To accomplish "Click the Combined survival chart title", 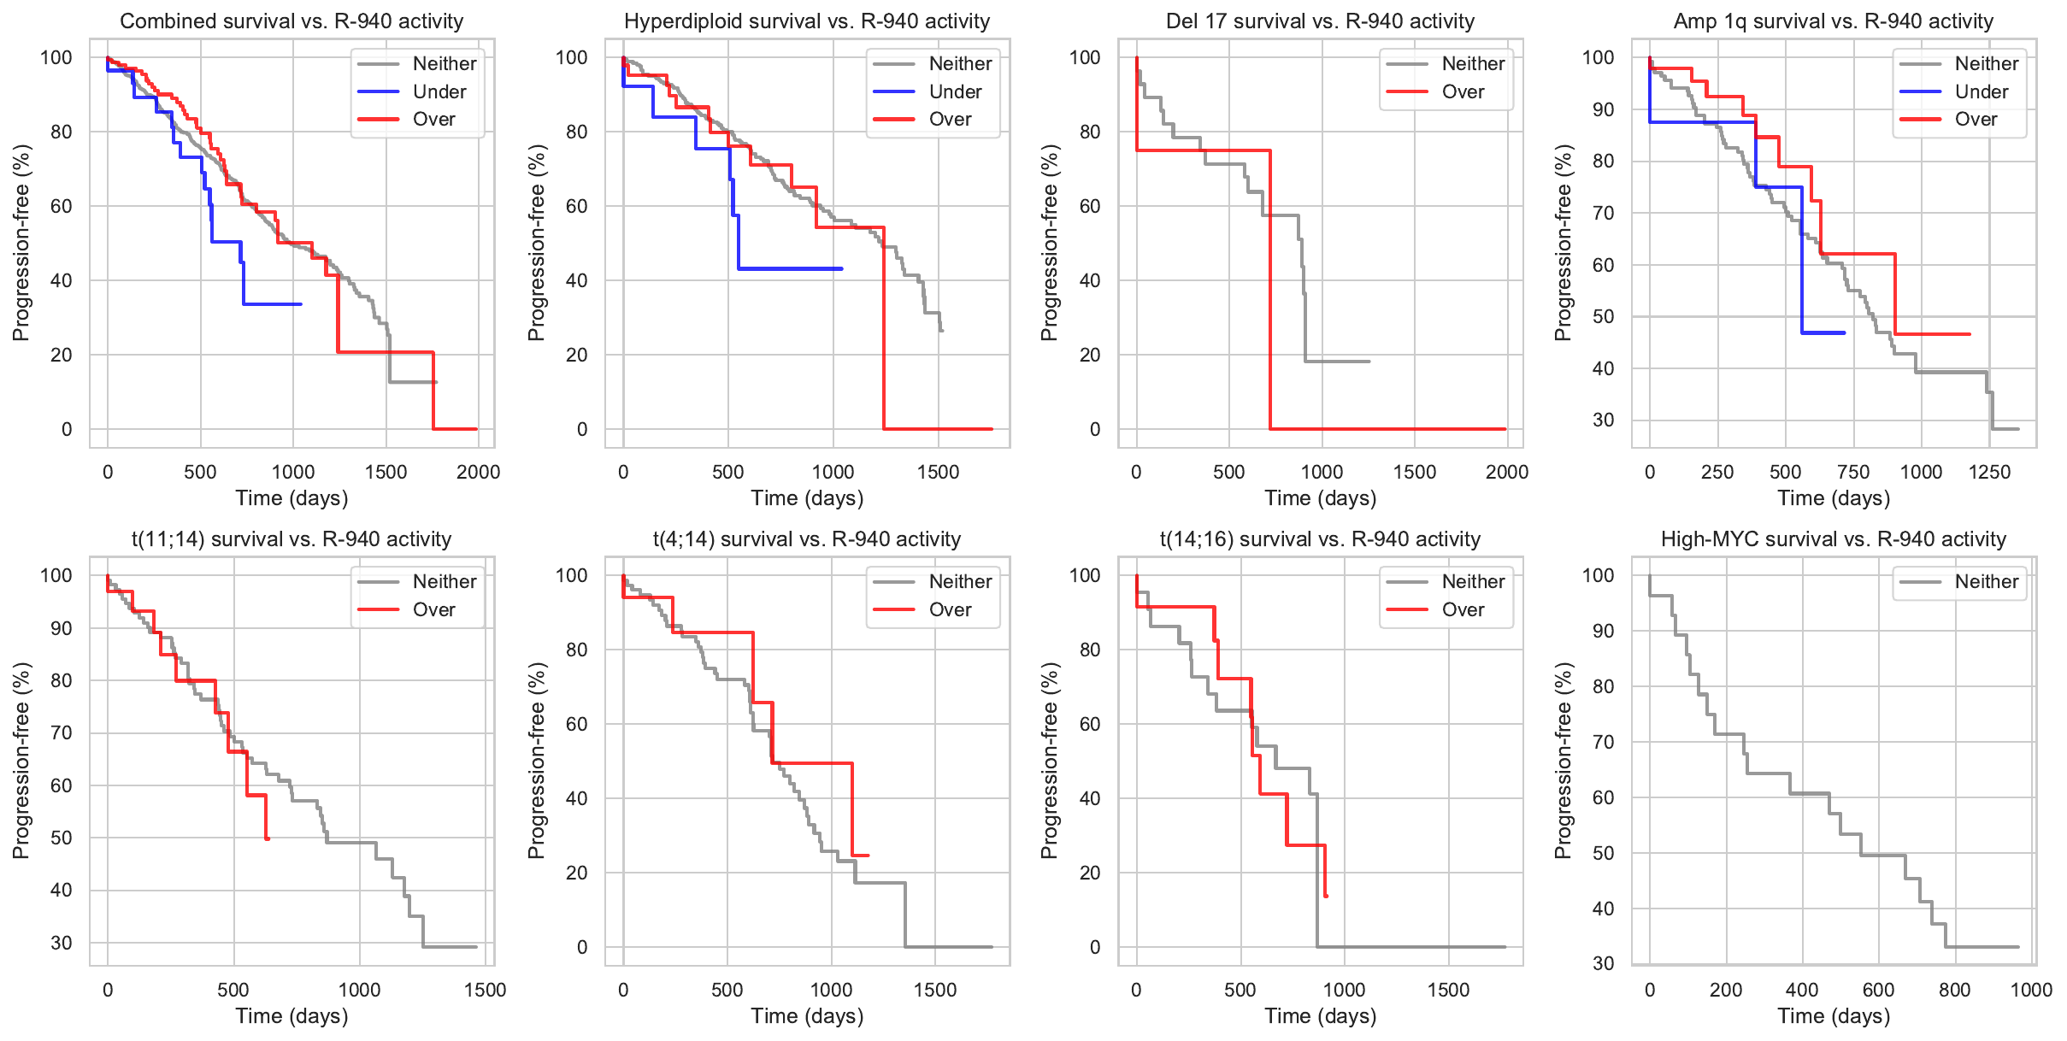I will pos(291,21).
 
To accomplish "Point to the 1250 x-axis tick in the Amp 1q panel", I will pos(1989,472).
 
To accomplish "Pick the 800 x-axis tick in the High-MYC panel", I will pos(1954,990).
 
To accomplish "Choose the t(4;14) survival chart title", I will pos(807,539).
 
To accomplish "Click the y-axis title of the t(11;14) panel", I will pos(21,761).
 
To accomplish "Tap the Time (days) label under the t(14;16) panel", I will pos(1320,1016).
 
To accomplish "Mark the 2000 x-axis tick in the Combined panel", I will pos(478,472).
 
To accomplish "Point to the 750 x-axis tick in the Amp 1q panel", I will pos(1853,472).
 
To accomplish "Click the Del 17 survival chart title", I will pos(1320,21).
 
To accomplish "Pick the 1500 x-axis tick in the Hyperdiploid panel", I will pos(938,472).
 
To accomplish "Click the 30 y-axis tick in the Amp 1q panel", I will pos(1603,421).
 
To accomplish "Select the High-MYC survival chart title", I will pos(1833,539).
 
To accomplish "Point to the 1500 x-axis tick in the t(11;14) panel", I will pos(485,990).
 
